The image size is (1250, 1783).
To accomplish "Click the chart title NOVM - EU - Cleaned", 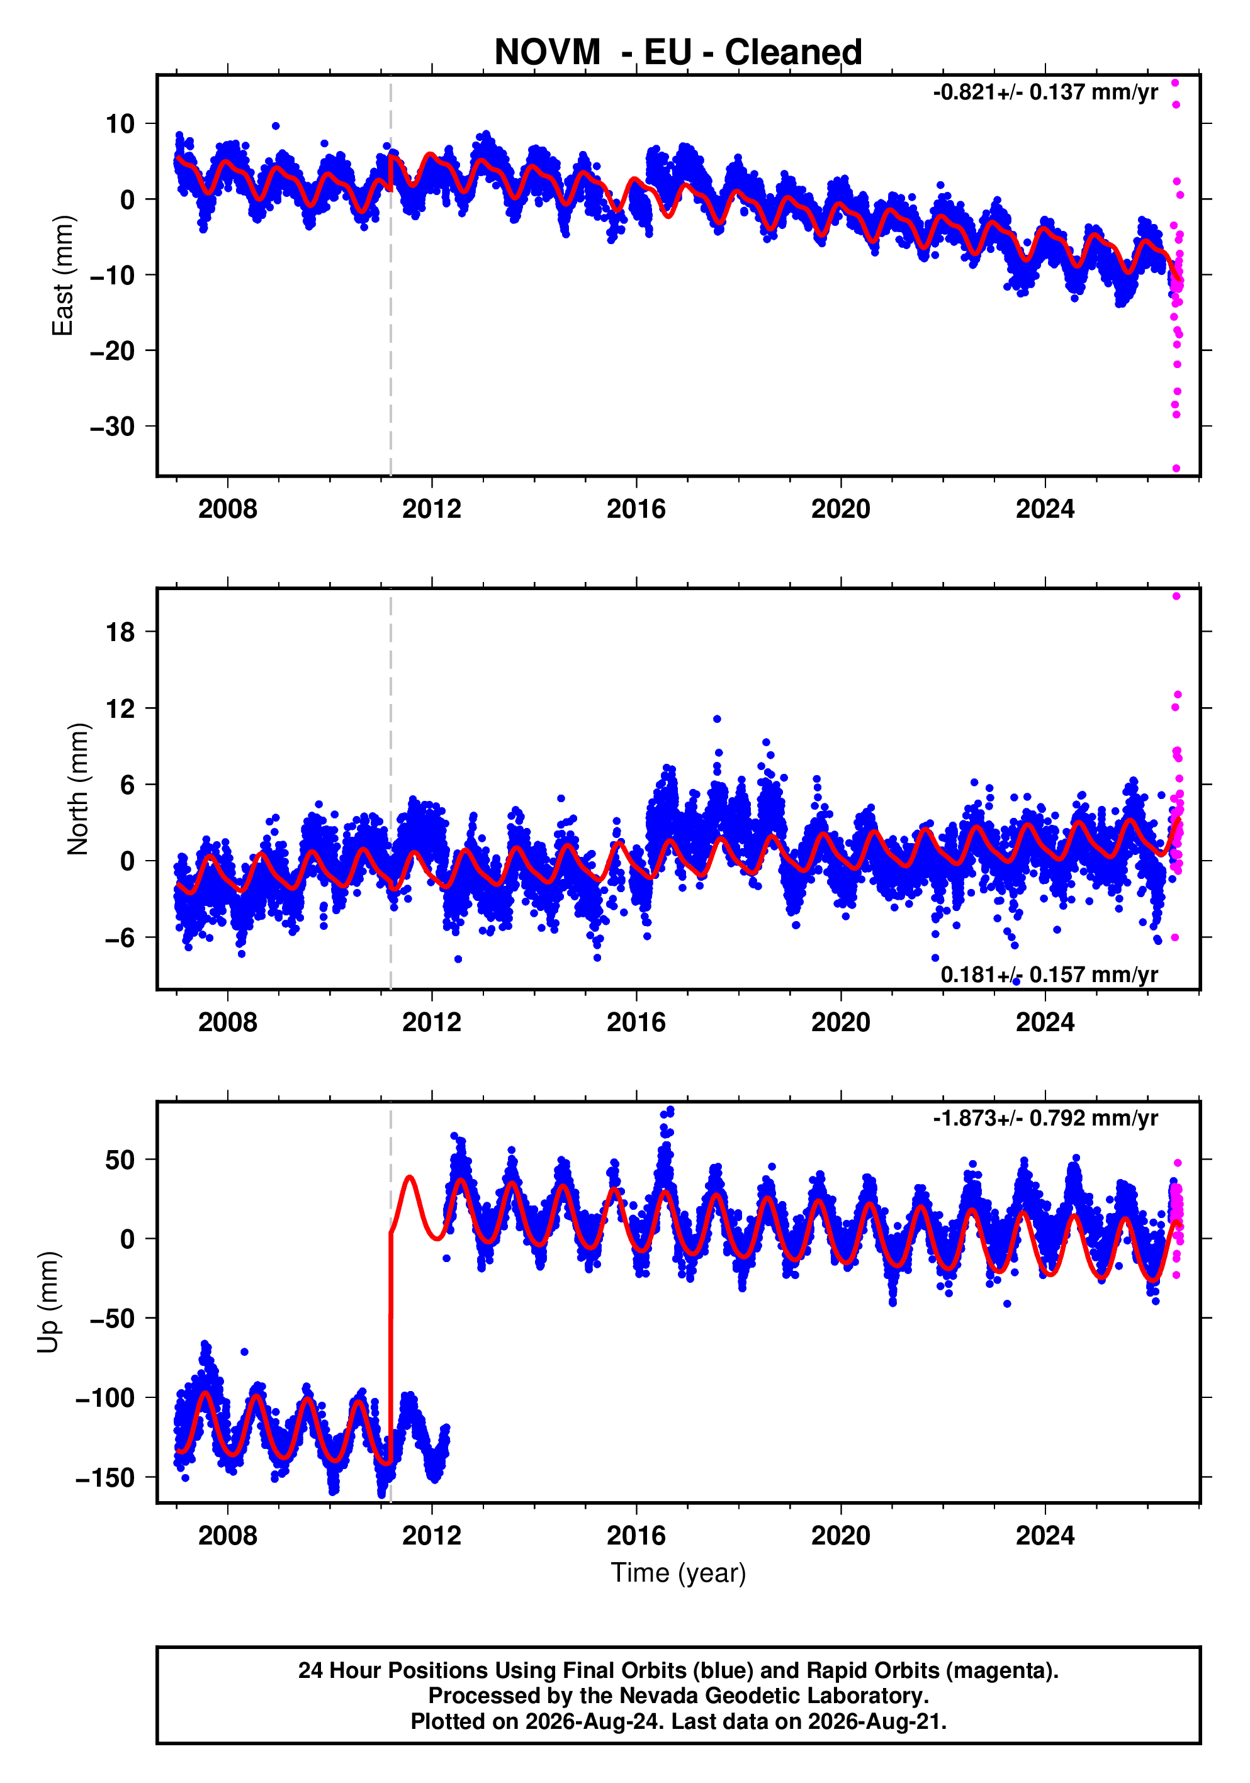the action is [x=678, y=52].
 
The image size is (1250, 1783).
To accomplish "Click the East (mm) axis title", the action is [x=62, y=276].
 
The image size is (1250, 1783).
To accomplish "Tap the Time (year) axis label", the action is [x=678, y=1572].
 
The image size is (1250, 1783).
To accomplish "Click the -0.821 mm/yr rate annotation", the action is [x=1045, y=92].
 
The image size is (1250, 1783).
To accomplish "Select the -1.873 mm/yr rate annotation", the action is [x=1045, y=1118].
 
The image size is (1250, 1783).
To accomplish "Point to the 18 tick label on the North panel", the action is [x=120, y=632].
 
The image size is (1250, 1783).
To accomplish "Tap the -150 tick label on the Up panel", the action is [x=105, y=1478].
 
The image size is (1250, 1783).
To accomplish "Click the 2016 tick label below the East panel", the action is [x=636, y=510].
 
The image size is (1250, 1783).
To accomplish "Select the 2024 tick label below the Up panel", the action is [x=1045, y=1535].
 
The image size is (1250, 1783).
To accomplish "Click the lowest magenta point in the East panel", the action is [x=1176, y=468].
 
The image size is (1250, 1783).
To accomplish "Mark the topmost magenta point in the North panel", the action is [x=1176, y=596].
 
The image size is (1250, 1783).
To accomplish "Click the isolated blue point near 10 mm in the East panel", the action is [x=276, y=126].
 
